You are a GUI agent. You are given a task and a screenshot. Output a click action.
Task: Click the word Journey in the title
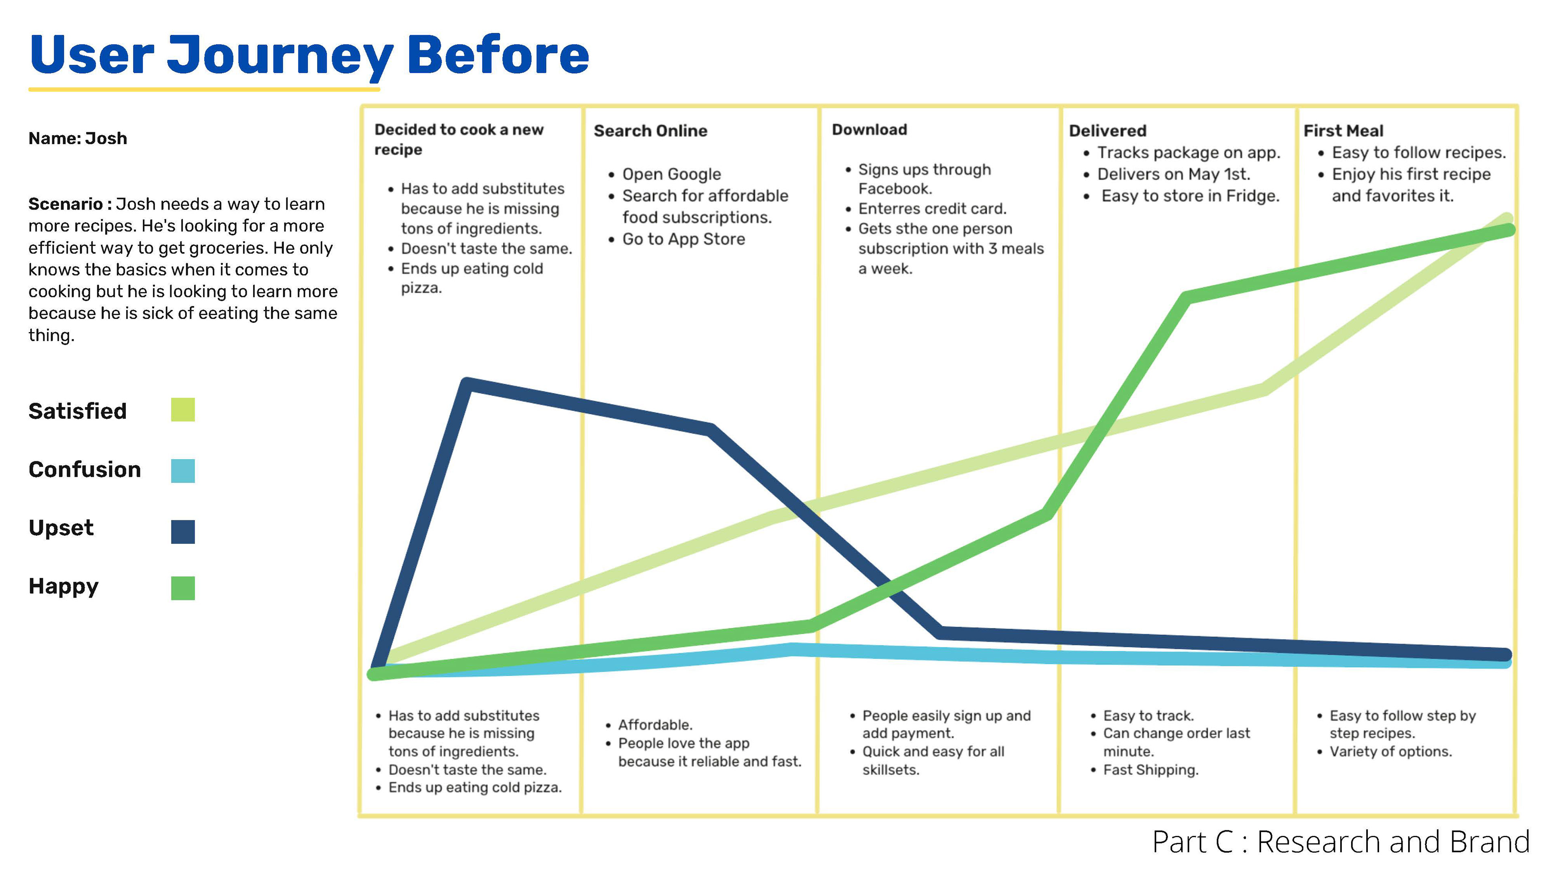point(280,55)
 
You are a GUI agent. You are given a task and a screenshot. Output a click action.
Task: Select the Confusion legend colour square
point(183,471)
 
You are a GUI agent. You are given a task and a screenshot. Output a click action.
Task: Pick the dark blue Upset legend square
point(183,531)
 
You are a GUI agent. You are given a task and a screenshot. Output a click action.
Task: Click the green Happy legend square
point(183,588)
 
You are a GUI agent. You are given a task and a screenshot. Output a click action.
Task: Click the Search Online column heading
point(650,131)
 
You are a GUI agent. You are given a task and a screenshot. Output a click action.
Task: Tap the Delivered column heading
point(1107,131)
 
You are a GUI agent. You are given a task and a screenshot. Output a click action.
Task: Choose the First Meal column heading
point(1343,131)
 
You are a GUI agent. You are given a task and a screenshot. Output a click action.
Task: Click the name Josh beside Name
point(106,139)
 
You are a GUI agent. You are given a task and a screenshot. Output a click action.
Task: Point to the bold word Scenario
point(66,204)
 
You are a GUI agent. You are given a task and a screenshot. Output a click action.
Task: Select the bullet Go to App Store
point(683,240)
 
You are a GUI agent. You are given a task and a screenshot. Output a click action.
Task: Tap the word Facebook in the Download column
point(895,189)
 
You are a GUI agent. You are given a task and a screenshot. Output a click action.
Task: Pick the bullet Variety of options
point(1390,751)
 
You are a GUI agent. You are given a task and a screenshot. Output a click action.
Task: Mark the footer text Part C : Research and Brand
point(1340,842)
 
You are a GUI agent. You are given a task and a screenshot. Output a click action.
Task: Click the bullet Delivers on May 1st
point(1173,174)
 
